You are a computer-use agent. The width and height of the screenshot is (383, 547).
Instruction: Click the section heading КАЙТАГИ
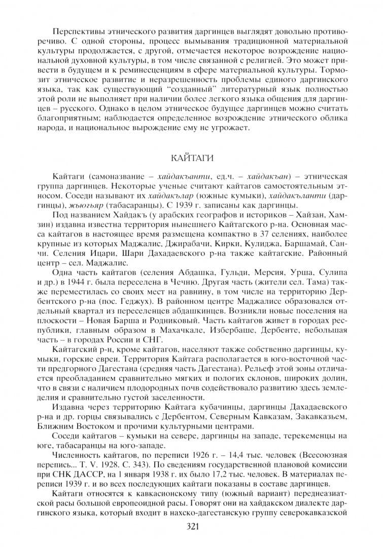pos(191,158)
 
